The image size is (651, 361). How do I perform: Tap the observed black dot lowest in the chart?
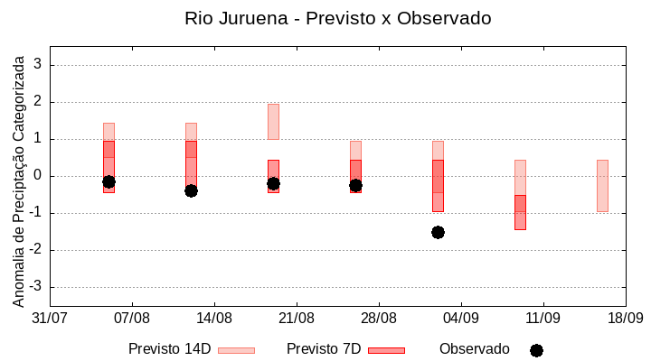(438, 232)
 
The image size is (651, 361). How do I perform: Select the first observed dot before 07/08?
(108, 181)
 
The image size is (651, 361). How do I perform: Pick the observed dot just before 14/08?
(191, 190)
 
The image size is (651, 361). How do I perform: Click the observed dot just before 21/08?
(273, 183)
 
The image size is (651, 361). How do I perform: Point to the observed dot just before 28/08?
(355, 185)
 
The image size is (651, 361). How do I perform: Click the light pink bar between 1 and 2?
(273, 122)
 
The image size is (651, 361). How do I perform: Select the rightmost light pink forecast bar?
(602, 185)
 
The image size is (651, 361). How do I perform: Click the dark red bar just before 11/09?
(520, 212)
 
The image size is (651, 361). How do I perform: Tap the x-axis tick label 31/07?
(50, 319)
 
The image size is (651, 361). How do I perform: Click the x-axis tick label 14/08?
(214, 319)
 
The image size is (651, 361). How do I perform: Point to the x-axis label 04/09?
(461, 319)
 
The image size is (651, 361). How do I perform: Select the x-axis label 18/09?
(625, 319)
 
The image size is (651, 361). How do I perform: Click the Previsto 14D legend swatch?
(236, 350)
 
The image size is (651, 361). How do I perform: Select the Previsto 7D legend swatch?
(386, 350)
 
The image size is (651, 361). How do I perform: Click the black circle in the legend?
(536, 350)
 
